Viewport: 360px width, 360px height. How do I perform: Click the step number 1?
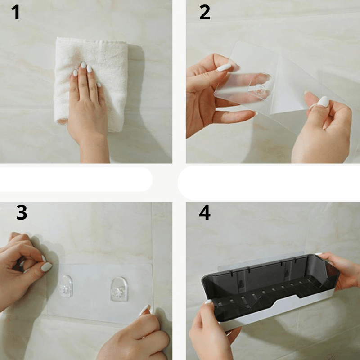[16, 12]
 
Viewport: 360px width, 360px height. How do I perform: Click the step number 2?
[205, 12]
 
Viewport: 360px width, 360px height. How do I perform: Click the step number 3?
[22, 212]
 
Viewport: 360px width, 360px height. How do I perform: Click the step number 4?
[205, 212]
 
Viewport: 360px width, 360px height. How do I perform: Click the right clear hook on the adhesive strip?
[119, 289]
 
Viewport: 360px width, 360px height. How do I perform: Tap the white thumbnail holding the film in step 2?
[224, 68]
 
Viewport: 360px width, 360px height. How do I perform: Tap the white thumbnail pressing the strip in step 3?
[47, 267]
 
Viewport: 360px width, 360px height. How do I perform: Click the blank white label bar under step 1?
[76, 179]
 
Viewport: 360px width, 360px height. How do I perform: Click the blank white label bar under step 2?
[269, 183]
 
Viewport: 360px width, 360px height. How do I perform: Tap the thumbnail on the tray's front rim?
[208, 302]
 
